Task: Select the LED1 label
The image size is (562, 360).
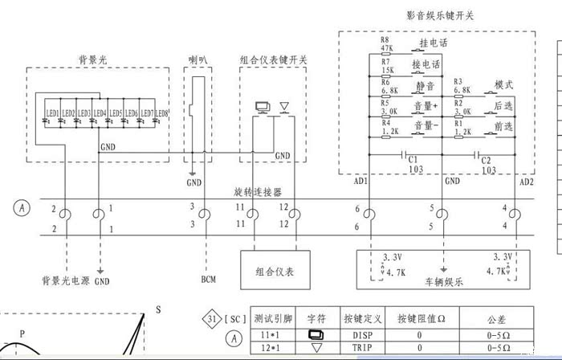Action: tap(52, 112)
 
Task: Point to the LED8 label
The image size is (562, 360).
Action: tap(161, 112)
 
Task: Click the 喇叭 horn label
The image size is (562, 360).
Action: tap(198, 60)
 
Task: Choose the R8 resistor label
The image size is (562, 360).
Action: tap(385, 39)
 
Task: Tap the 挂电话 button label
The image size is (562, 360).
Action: tap(433, 43)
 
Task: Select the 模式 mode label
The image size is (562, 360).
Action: tap(503, 85)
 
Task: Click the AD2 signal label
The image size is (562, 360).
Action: tap(526, 182)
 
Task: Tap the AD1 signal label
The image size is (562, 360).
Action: tap(360, 182)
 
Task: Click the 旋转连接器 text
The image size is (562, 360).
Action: tap(257, 194)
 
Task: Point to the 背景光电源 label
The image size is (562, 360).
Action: tap(64, 281)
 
